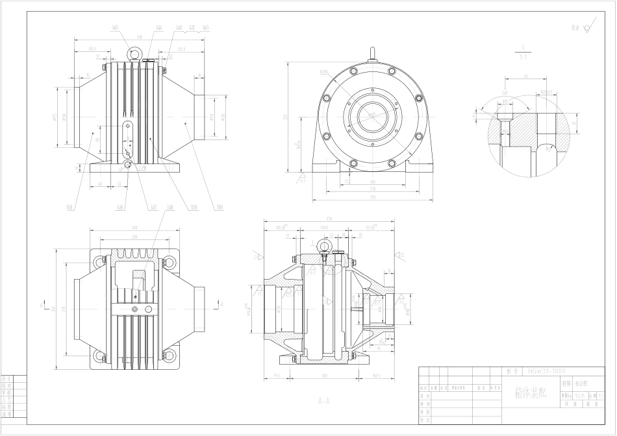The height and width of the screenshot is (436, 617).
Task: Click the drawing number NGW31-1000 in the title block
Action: point(546,371)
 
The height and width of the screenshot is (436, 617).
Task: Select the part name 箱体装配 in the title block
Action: point(530,393)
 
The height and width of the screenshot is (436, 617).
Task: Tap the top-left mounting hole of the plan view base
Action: point(99,262)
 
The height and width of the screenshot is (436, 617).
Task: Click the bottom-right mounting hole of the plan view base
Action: point(170,355)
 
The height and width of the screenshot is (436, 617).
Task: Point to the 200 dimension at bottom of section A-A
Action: point(323,376)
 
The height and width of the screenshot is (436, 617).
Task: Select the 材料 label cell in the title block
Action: point(566,383)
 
